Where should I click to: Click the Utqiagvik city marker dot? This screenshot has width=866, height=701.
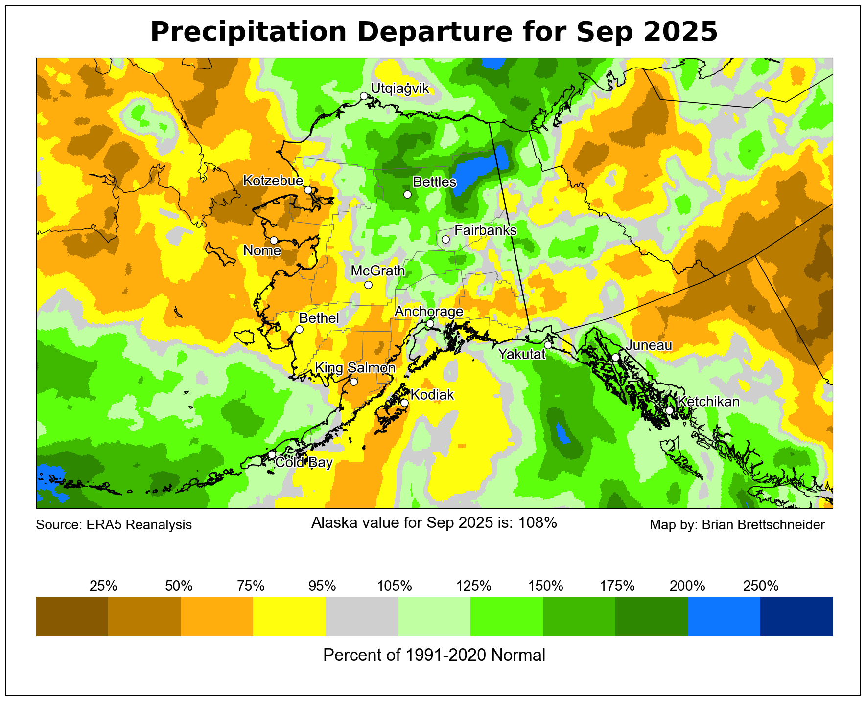coord(364,96)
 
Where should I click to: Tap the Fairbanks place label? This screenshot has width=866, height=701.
coord(485,230)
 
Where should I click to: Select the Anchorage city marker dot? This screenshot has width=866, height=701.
coord(430,323)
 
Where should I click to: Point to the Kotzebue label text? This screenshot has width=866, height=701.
coord(273,181)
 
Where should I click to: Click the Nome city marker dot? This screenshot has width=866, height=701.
coord(274,240)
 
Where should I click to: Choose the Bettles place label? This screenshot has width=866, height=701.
coord(434,182)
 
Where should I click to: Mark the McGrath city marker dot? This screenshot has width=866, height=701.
coord(369,285)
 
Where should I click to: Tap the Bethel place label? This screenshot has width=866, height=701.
coord(319,318)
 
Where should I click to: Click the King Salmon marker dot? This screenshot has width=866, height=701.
coord(353,382)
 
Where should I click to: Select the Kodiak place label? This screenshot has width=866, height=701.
coord(432,395)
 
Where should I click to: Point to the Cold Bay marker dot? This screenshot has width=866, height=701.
coord(272,454)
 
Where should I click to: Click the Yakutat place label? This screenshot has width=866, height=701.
coord(521,354)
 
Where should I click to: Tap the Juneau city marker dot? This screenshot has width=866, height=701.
coord(615,357)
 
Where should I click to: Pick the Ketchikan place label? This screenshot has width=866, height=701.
coord(708,402)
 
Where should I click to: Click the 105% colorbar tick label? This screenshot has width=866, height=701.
coord(395,586)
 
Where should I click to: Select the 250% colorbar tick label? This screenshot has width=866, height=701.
coord(760,586)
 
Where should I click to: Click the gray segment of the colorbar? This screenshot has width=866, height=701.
coord(362,616)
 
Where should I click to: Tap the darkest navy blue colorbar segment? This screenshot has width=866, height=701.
coord(796,616)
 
